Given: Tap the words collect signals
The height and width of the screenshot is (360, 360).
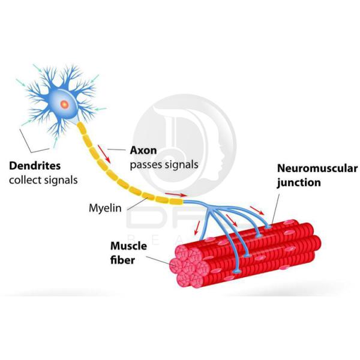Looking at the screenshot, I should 43,179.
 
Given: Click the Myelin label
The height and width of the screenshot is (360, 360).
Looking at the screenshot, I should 105,208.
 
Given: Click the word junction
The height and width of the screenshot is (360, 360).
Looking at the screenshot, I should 298,184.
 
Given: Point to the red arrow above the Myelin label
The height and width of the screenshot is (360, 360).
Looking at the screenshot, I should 176,194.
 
